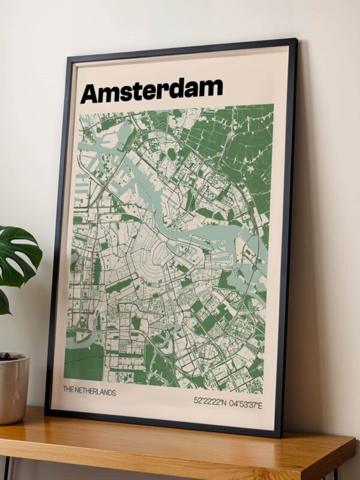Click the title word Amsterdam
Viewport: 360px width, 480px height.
(x=151, y=91)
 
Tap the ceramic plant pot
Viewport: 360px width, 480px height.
(x=13, y=390)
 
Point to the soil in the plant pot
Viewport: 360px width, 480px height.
(x=8, y=357)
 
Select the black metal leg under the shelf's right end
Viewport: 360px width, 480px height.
(x=334, y=474)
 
